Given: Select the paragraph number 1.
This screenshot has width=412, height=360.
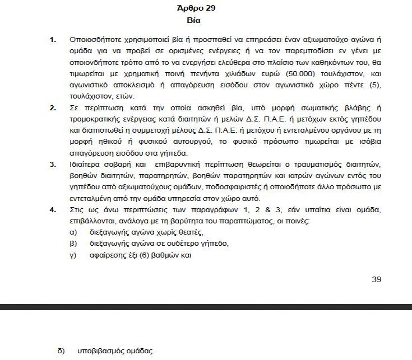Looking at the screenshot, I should (x=53, y=40).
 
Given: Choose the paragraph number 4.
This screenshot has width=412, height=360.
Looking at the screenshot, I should (x=53, y=209).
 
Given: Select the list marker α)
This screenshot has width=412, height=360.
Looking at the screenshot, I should (x=72, y=232).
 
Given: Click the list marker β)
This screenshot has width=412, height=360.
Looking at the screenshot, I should (x=72, y=244).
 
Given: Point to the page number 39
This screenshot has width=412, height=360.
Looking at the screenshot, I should (x=376, y=279).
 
